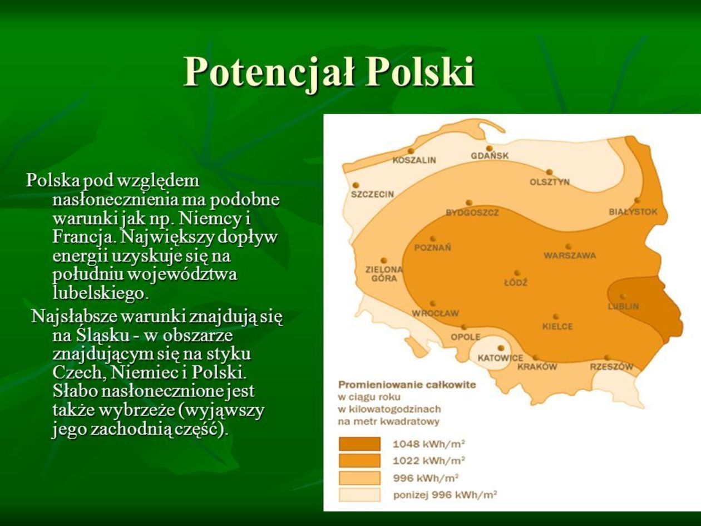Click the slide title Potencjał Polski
329,72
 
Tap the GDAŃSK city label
490,156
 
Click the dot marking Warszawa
568,247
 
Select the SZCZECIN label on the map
372,194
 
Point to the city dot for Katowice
501,348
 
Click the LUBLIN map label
623,306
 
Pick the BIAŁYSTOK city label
633,212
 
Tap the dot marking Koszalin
411,151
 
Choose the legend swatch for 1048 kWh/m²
359,444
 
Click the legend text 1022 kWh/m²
428,460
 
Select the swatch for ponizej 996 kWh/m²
359,495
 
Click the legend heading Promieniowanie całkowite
407,385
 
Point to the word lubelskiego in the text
101,293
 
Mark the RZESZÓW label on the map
611,367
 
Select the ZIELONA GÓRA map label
384,274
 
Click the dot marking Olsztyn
549,173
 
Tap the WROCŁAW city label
436,313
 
